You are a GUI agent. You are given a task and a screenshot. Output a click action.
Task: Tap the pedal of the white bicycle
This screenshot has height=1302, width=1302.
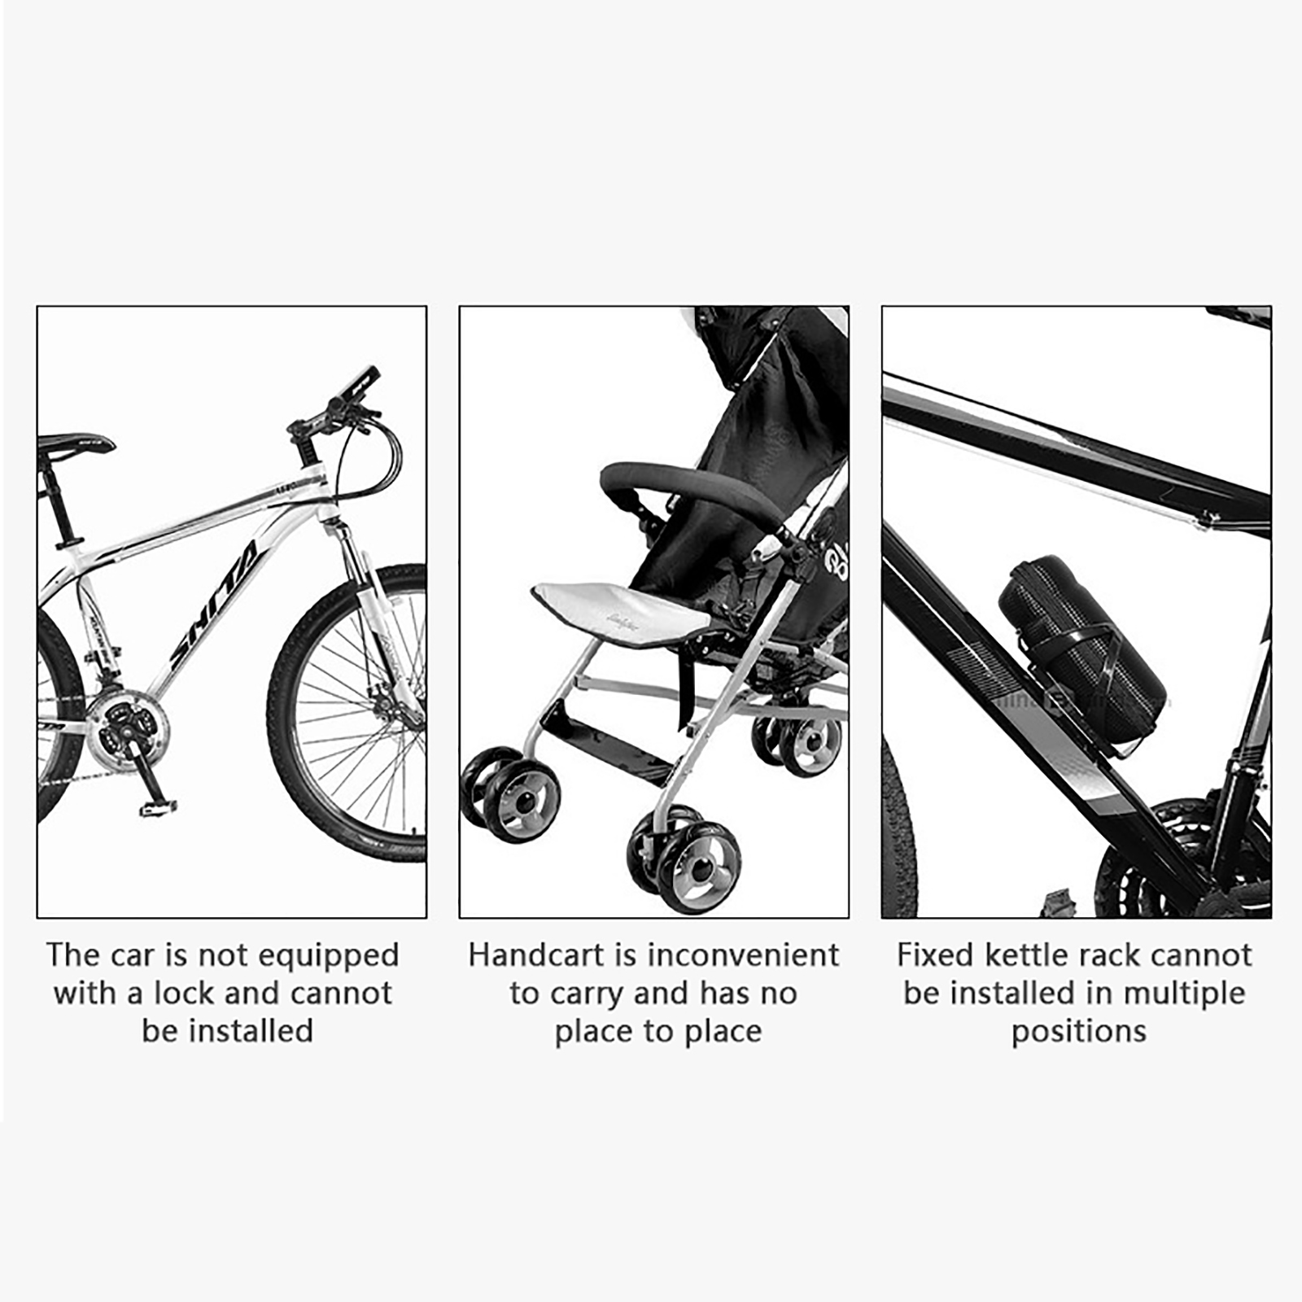(158, 807)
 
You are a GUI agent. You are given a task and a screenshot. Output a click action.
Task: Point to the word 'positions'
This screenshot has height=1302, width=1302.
(1079, 1032)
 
